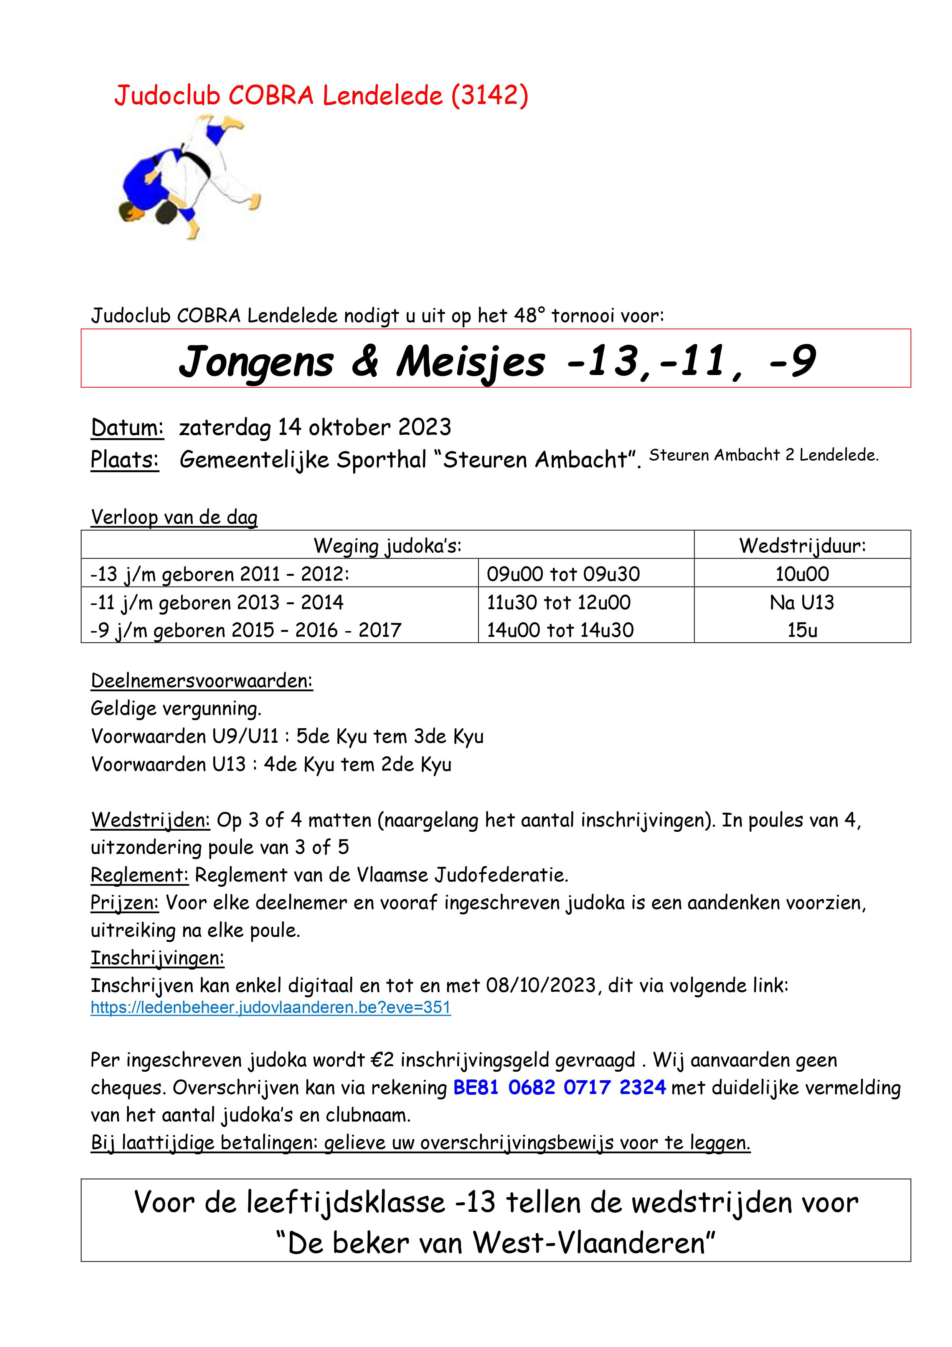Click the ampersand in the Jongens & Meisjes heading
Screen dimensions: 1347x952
365,361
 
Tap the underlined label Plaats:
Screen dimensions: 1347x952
125,460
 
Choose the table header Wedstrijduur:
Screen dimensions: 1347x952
802,545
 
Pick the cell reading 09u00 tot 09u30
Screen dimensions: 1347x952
563,574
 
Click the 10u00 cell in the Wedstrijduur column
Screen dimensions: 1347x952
802,574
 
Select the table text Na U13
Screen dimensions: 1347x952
802,603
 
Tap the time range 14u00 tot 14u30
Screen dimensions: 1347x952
560,630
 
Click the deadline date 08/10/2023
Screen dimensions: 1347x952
541,985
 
